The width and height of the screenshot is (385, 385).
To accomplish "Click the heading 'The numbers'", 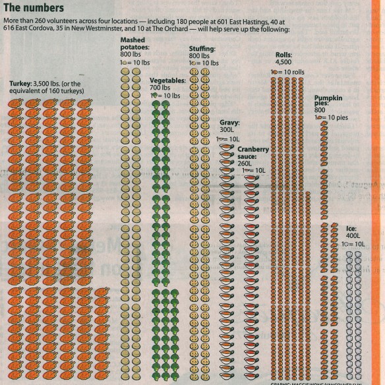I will coord(34,9).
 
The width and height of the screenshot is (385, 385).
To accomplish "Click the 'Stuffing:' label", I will coord(202,49).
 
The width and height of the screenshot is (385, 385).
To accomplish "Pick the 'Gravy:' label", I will coord(229,123).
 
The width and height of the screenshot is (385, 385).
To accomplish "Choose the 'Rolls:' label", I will coord(284,55).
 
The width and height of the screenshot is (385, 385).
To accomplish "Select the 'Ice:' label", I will coord(352,229).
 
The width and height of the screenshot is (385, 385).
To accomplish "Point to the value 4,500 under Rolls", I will coord(282,63).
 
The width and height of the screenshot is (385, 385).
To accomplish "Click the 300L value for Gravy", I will coord(227,131).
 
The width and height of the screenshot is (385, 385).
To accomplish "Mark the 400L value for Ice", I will coord(353,236).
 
